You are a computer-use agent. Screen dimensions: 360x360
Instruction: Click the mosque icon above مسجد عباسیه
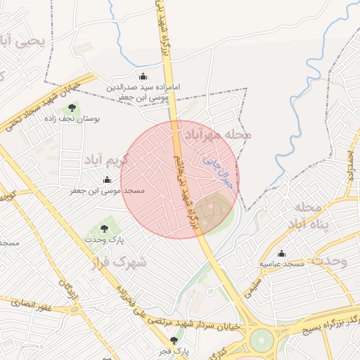(x=282, y=254)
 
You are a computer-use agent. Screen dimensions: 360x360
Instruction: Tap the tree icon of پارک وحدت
(x=105, y=229)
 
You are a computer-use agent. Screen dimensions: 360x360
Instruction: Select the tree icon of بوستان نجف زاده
(x=72, y=108)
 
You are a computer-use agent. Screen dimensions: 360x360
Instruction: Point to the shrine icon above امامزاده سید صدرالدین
(x=143, y=76)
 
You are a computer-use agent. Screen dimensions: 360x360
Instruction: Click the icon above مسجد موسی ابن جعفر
(x=107, y=180)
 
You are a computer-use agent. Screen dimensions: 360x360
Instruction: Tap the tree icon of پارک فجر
(x=174, y=340)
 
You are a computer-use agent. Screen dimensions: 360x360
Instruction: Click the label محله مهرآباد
(x=217, y=133)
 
